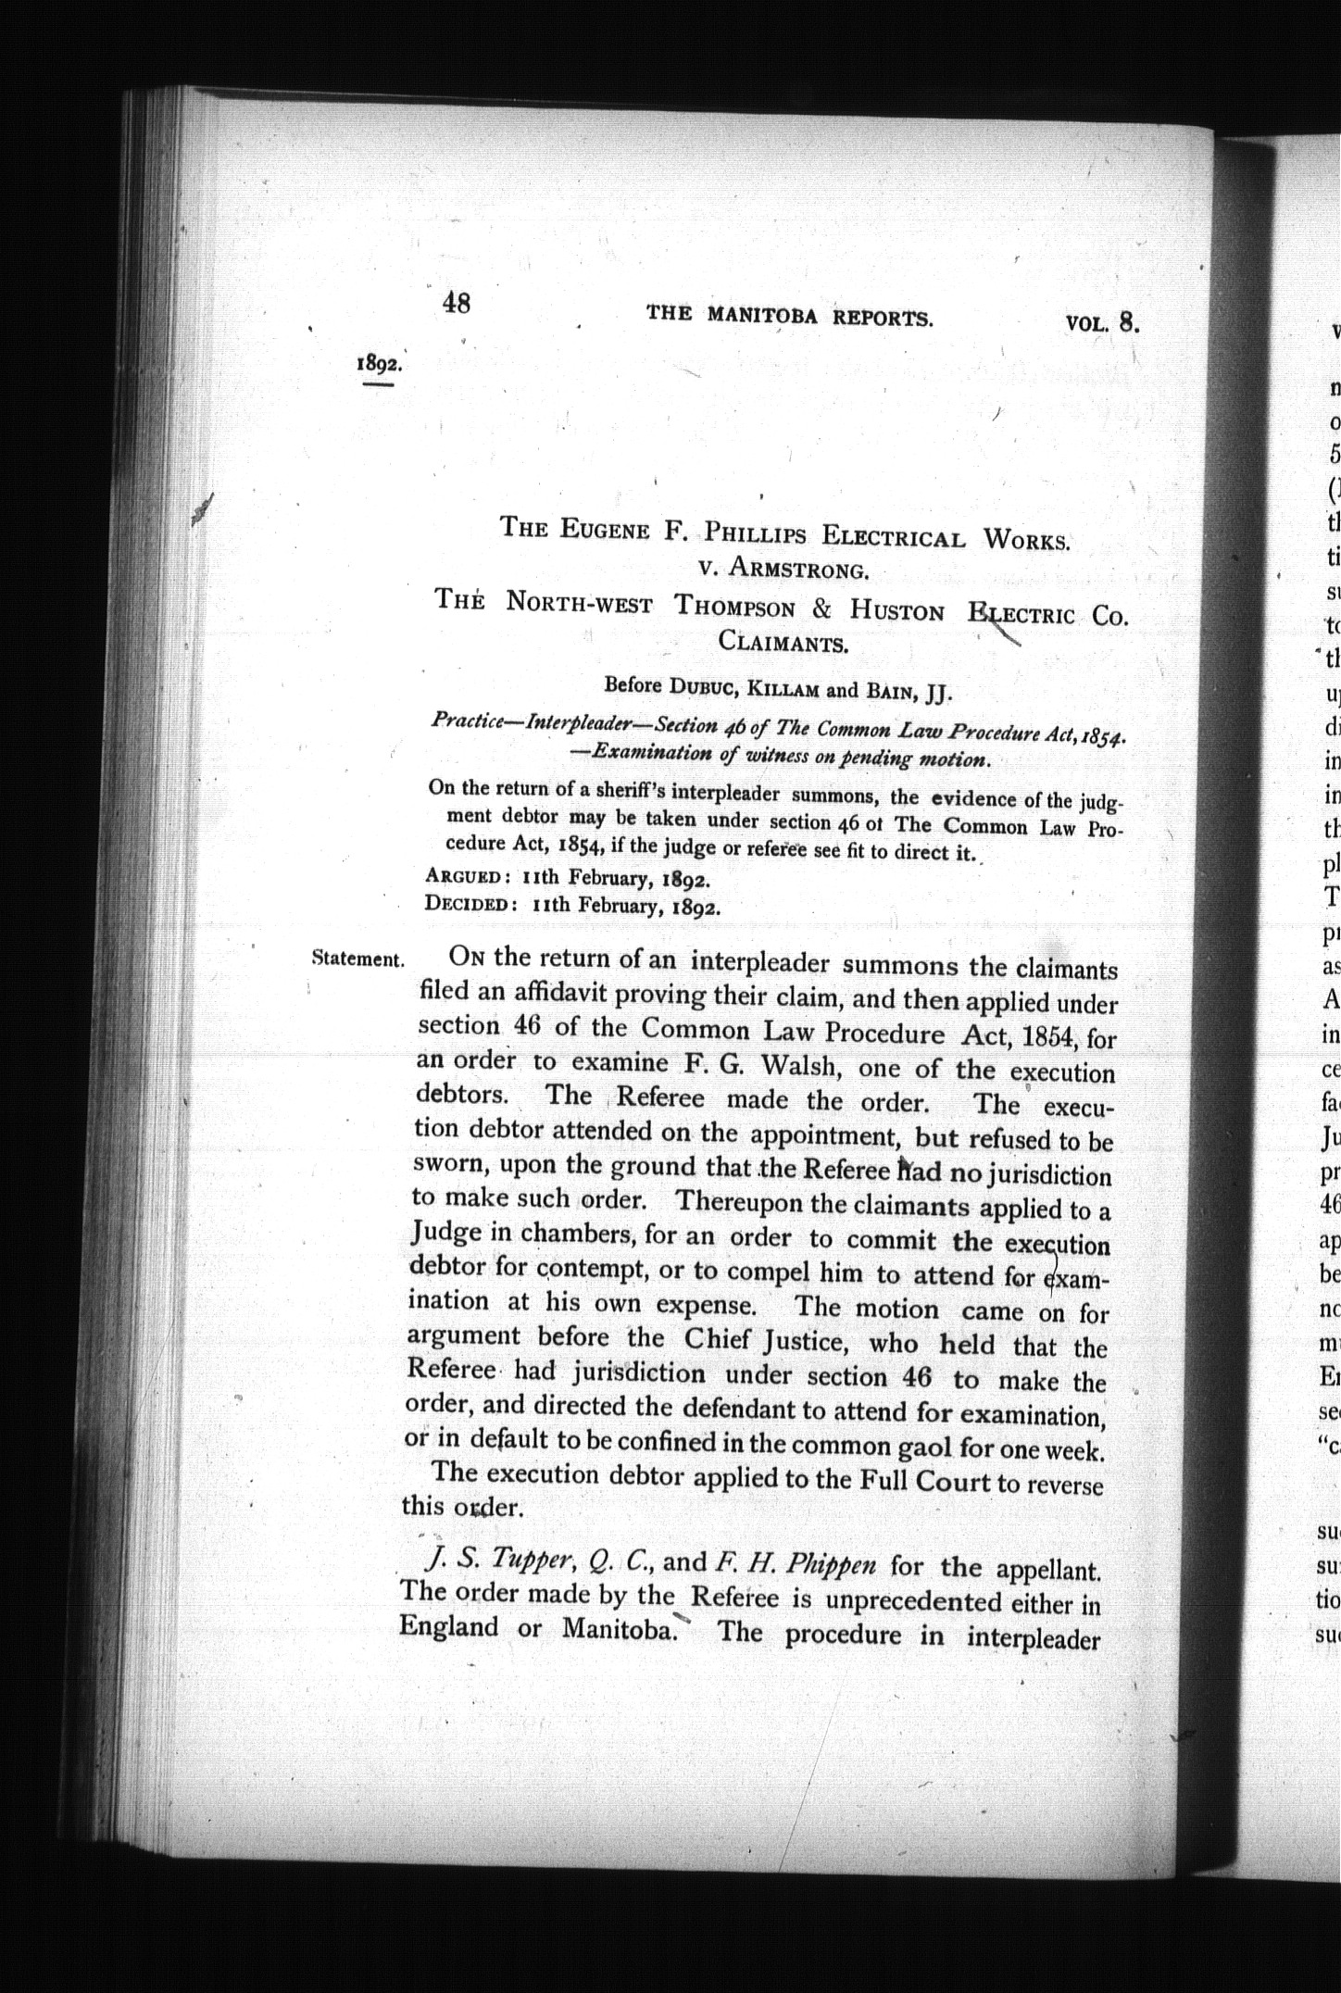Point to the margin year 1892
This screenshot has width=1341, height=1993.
378,363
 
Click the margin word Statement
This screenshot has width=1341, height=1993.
358,959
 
